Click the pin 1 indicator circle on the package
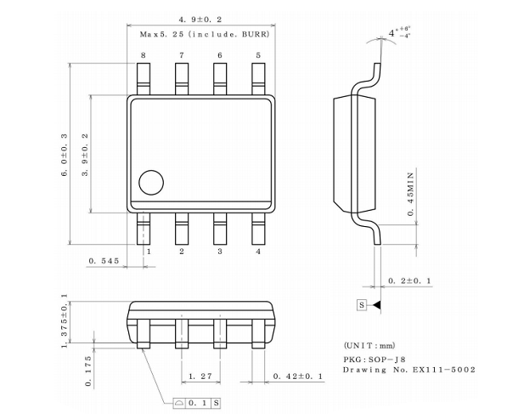[151, 183]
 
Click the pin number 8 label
[144, 55]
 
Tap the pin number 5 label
[258, 55]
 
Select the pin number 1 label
[149, 252]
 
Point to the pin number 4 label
[258, 252]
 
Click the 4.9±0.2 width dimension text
[200, 20]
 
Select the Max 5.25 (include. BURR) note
[205, 34]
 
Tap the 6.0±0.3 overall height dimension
[65, 155]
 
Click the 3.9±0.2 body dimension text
[85, 155]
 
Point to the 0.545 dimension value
[104, 261]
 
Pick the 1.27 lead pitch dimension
[200, 377]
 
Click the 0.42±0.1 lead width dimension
[298, 377]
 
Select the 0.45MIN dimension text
[411, 195]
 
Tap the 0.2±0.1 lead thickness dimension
[409, 280]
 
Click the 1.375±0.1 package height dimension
[65, 320]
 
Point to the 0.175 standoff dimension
[87, 371]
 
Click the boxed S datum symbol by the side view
[362, 305]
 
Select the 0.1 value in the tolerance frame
[198, 403]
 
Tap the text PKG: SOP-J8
[375, 360]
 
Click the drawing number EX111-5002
[444, 370]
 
